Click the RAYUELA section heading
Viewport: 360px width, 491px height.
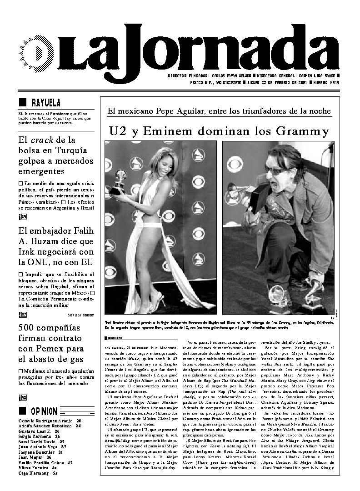pos(45,103)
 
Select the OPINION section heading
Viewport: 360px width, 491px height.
pos(44,411)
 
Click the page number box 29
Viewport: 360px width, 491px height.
pos(23,216)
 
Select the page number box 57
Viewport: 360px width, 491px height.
pos(23,315)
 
